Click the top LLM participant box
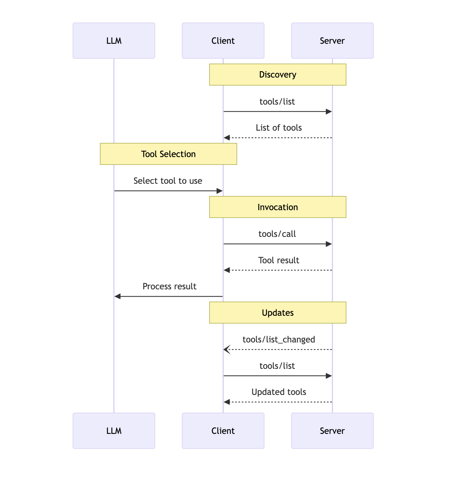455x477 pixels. pos(114,41)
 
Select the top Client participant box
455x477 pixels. pos(223,41)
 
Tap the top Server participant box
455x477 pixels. pos(332,41)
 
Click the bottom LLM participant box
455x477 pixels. pos(114,431)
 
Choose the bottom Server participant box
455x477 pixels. pos(332,431)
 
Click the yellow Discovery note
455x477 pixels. pos(278,74)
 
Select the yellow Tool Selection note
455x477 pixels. pos(168,154)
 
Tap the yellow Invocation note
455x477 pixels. pos(278,207)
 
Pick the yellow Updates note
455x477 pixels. pos(278,313)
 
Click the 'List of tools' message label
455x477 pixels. pos(279,128)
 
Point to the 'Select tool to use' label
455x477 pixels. pos(168,181)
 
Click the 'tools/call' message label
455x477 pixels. pos(277,234)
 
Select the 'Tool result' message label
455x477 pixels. pos(279,260)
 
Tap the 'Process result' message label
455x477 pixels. pos(169,286)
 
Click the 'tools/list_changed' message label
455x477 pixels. pos(279,340)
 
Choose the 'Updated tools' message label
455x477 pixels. pos(279,392)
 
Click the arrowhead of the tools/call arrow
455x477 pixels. pos(329,244)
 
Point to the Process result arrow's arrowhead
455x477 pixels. pos(118,296)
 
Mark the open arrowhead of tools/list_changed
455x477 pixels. pos(227,349)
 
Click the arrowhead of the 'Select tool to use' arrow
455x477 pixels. pos(219,191)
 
